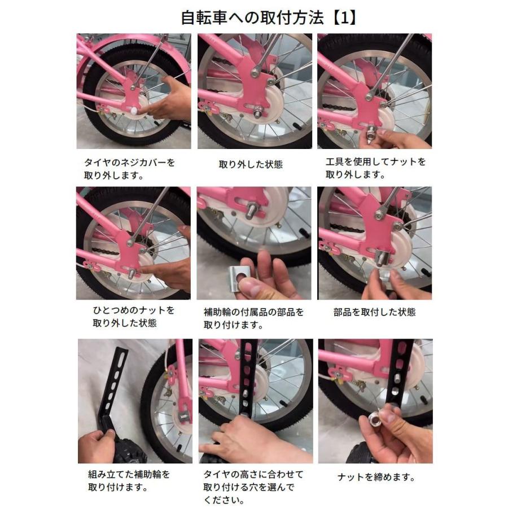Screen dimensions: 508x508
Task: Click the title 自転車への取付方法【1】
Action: (x=268, y=17)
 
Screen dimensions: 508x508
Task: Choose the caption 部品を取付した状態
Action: (x=375, y=312)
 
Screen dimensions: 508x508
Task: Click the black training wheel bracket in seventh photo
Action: (x=112, y=384)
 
